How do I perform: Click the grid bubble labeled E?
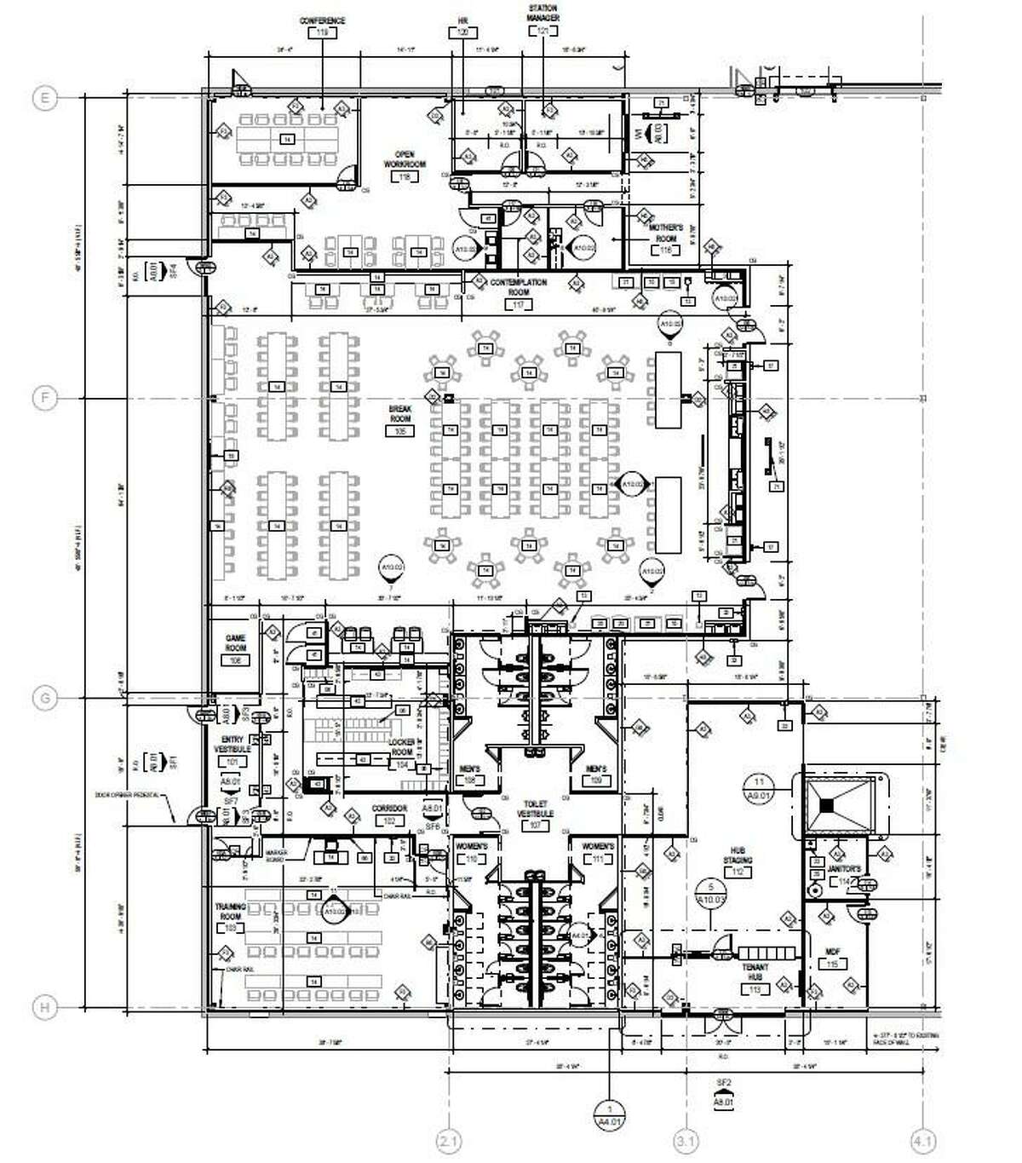(x=45, y=99)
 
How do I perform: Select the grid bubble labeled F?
(x=45, y=398)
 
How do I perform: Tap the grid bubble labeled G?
(x=45, y=699)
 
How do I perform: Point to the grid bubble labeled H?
(x=45, y=1008)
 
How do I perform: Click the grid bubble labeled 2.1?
(x=449, y=1140)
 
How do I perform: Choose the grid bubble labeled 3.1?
(x=686, y=1140)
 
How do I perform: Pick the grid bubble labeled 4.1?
(x=923, y=1140)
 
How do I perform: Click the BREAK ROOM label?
(x=400, y=414)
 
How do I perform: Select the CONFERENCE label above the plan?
(x=322, y=20)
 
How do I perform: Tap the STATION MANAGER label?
(x=543, y=14)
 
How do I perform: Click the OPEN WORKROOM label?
(x=405, y=159)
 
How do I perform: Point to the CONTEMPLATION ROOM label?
(x=519, y=287)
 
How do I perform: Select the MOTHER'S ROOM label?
(x=666, y=233)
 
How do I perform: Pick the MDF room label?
(x=832, y=953)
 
